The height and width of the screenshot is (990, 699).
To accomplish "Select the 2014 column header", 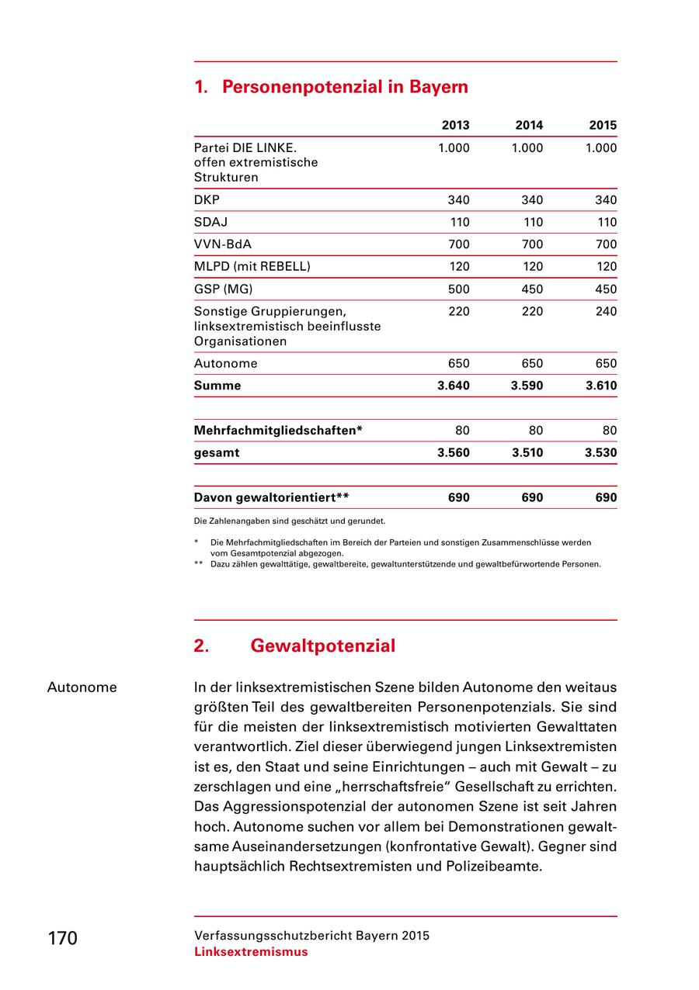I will (529, 125).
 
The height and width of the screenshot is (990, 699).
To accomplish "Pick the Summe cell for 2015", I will (600, 386).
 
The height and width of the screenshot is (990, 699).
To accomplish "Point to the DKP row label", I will (207, 200).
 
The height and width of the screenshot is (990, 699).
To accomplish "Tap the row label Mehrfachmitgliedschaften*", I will (278, 431).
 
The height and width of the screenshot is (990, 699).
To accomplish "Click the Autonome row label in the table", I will (225, 363).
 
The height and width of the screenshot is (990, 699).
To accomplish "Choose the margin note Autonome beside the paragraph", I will (82, 687).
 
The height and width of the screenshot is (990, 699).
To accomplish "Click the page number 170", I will (62, 939).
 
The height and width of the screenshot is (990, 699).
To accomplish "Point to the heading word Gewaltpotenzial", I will (323, 646).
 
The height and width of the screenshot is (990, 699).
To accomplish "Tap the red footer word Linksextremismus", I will (251, 952).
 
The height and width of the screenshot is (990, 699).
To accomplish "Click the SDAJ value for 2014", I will (532, 223).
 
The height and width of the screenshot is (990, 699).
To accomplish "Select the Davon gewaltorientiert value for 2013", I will (459, 498).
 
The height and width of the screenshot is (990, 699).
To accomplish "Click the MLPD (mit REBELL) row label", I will (252, 267).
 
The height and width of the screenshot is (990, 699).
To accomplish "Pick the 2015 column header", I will (603, 125).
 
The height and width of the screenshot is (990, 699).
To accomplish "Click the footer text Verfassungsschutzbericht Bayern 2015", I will (311, 936).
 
